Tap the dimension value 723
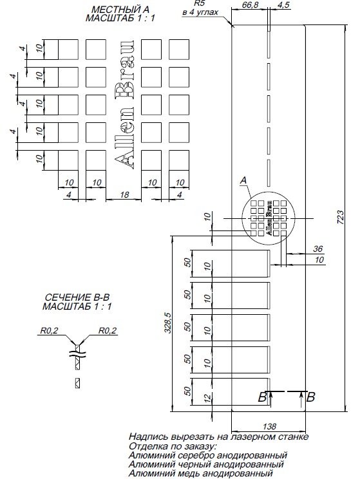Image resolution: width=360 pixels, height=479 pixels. [x=341, y=217]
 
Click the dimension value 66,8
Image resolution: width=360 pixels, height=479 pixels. [x=251, y=5]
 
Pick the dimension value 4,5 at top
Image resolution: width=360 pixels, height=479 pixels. [x=283, y=5]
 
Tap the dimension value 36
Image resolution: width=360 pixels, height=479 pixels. [x=317, y=249]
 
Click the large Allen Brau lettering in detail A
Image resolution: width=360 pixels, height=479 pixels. [x=124, y=104]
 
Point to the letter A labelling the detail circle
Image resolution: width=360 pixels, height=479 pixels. [x=243, y=182]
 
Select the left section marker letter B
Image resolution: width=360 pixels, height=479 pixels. [x=263, y=397]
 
